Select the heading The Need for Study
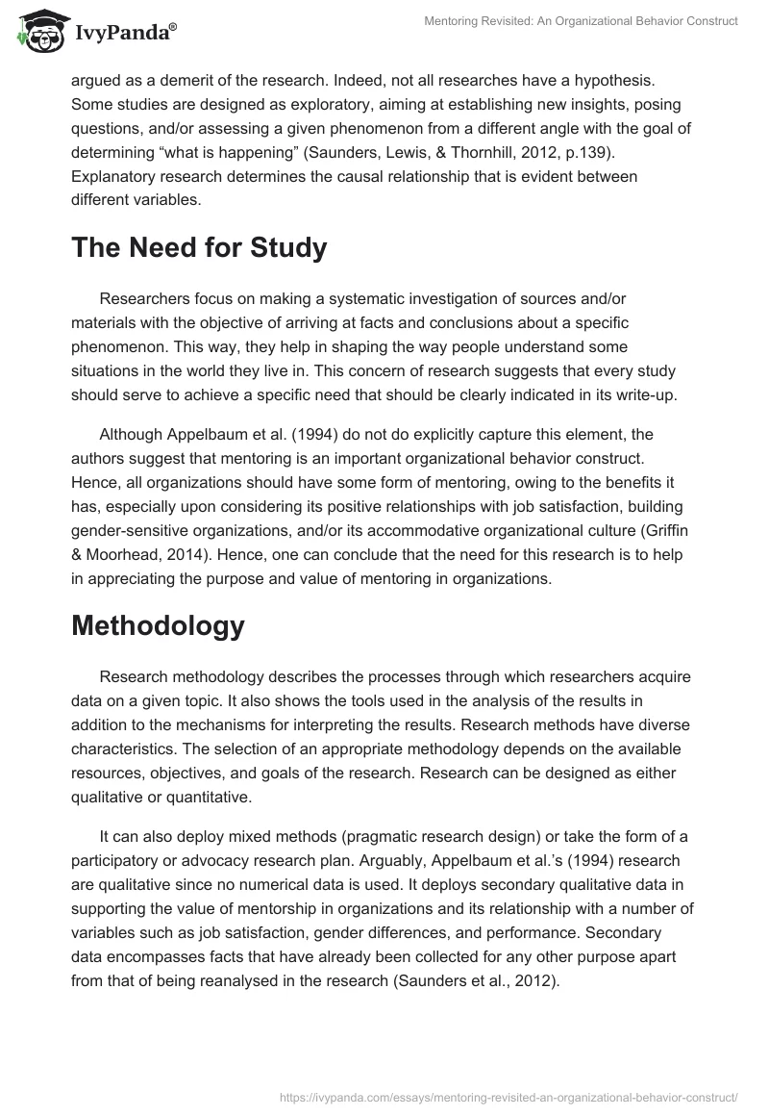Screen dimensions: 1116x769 point(199,248)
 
